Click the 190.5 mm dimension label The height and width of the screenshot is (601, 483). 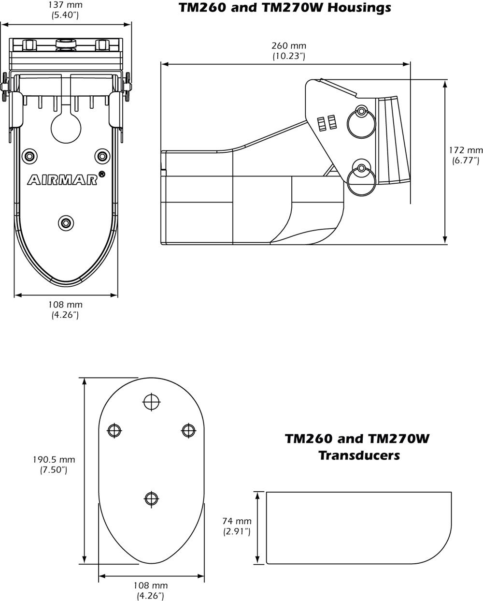pyautogui.click(x=53, y=459)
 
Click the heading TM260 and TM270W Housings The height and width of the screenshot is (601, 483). pyautogui.click(x=285, y=8)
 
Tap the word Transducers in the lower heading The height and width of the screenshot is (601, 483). pyautogui.click(x=359, y=455)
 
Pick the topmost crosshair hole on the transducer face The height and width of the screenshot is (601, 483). pyautogui.click(x=151, y=401)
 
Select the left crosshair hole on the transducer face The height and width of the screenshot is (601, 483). pyautogui.click(x=114, y=430)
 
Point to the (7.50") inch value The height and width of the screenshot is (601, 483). pyautogui.click(x=53, y=469)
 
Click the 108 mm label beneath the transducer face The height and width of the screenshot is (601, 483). pyautogui.click(x=151, y=585)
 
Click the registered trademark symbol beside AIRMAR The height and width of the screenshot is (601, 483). pyautogui.click(x=102, y=173)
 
